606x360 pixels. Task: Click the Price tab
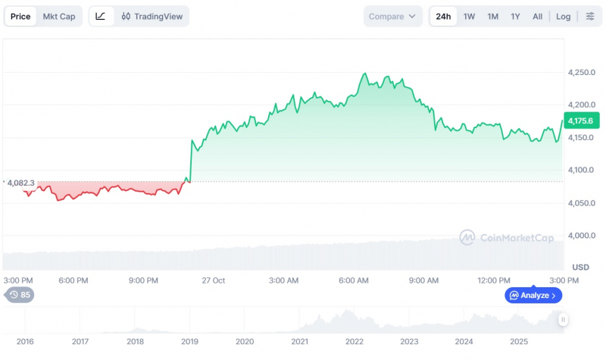(20, 16)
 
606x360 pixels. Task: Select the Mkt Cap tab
(59, 16)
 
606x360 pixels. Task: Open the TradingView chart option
(152, 16)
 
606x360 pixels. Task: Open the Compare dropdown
(392, 16)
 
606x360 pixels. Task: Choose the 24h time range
(443, 16)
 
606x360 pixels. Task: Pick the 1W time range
(469, 16)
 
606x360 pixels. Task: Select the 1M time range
(493, 16)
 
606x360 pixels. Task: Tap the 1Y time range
(515, 16)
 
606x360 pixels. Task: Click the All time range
(537, 16)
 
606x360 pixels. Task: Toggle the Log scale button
(563, 16)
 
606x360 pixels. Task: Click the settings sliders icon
(590, 16)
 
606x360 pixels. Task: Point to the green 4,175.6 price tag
(582, 121)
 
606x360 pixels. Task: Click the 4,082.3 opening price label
(20, 183)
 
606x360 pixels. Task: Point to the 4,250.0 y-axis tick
(581, 72)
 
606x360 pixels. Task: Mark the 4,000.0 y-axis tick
(581, 236)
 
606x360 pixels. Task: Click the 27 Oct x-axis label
(214, 280)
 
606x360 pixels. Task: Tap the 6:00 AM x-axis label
(354, 280)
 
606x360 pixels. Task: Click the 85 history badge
(20, 295)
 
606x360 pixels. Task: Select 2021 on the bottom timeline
(299, 342)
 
